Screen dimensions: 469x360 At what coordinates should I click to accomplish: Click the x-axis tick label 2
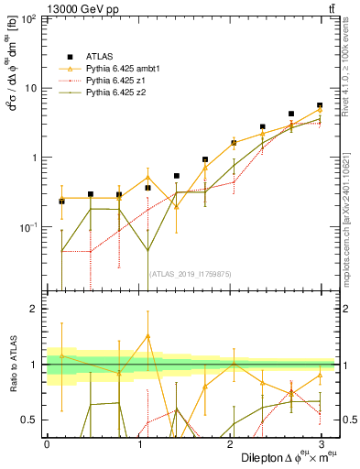point(229,443)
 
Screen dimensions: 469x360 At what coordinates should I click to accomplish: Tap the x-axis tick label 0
point(47,443)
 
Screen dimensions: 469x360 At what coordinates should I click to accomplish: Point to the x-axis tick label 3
point(320,443)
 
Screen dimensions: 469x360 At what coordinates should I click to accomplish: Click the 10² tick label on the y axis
point(30,19)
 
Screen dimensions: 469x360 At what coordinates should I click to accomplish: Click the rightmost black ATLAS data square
point(320,105)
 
